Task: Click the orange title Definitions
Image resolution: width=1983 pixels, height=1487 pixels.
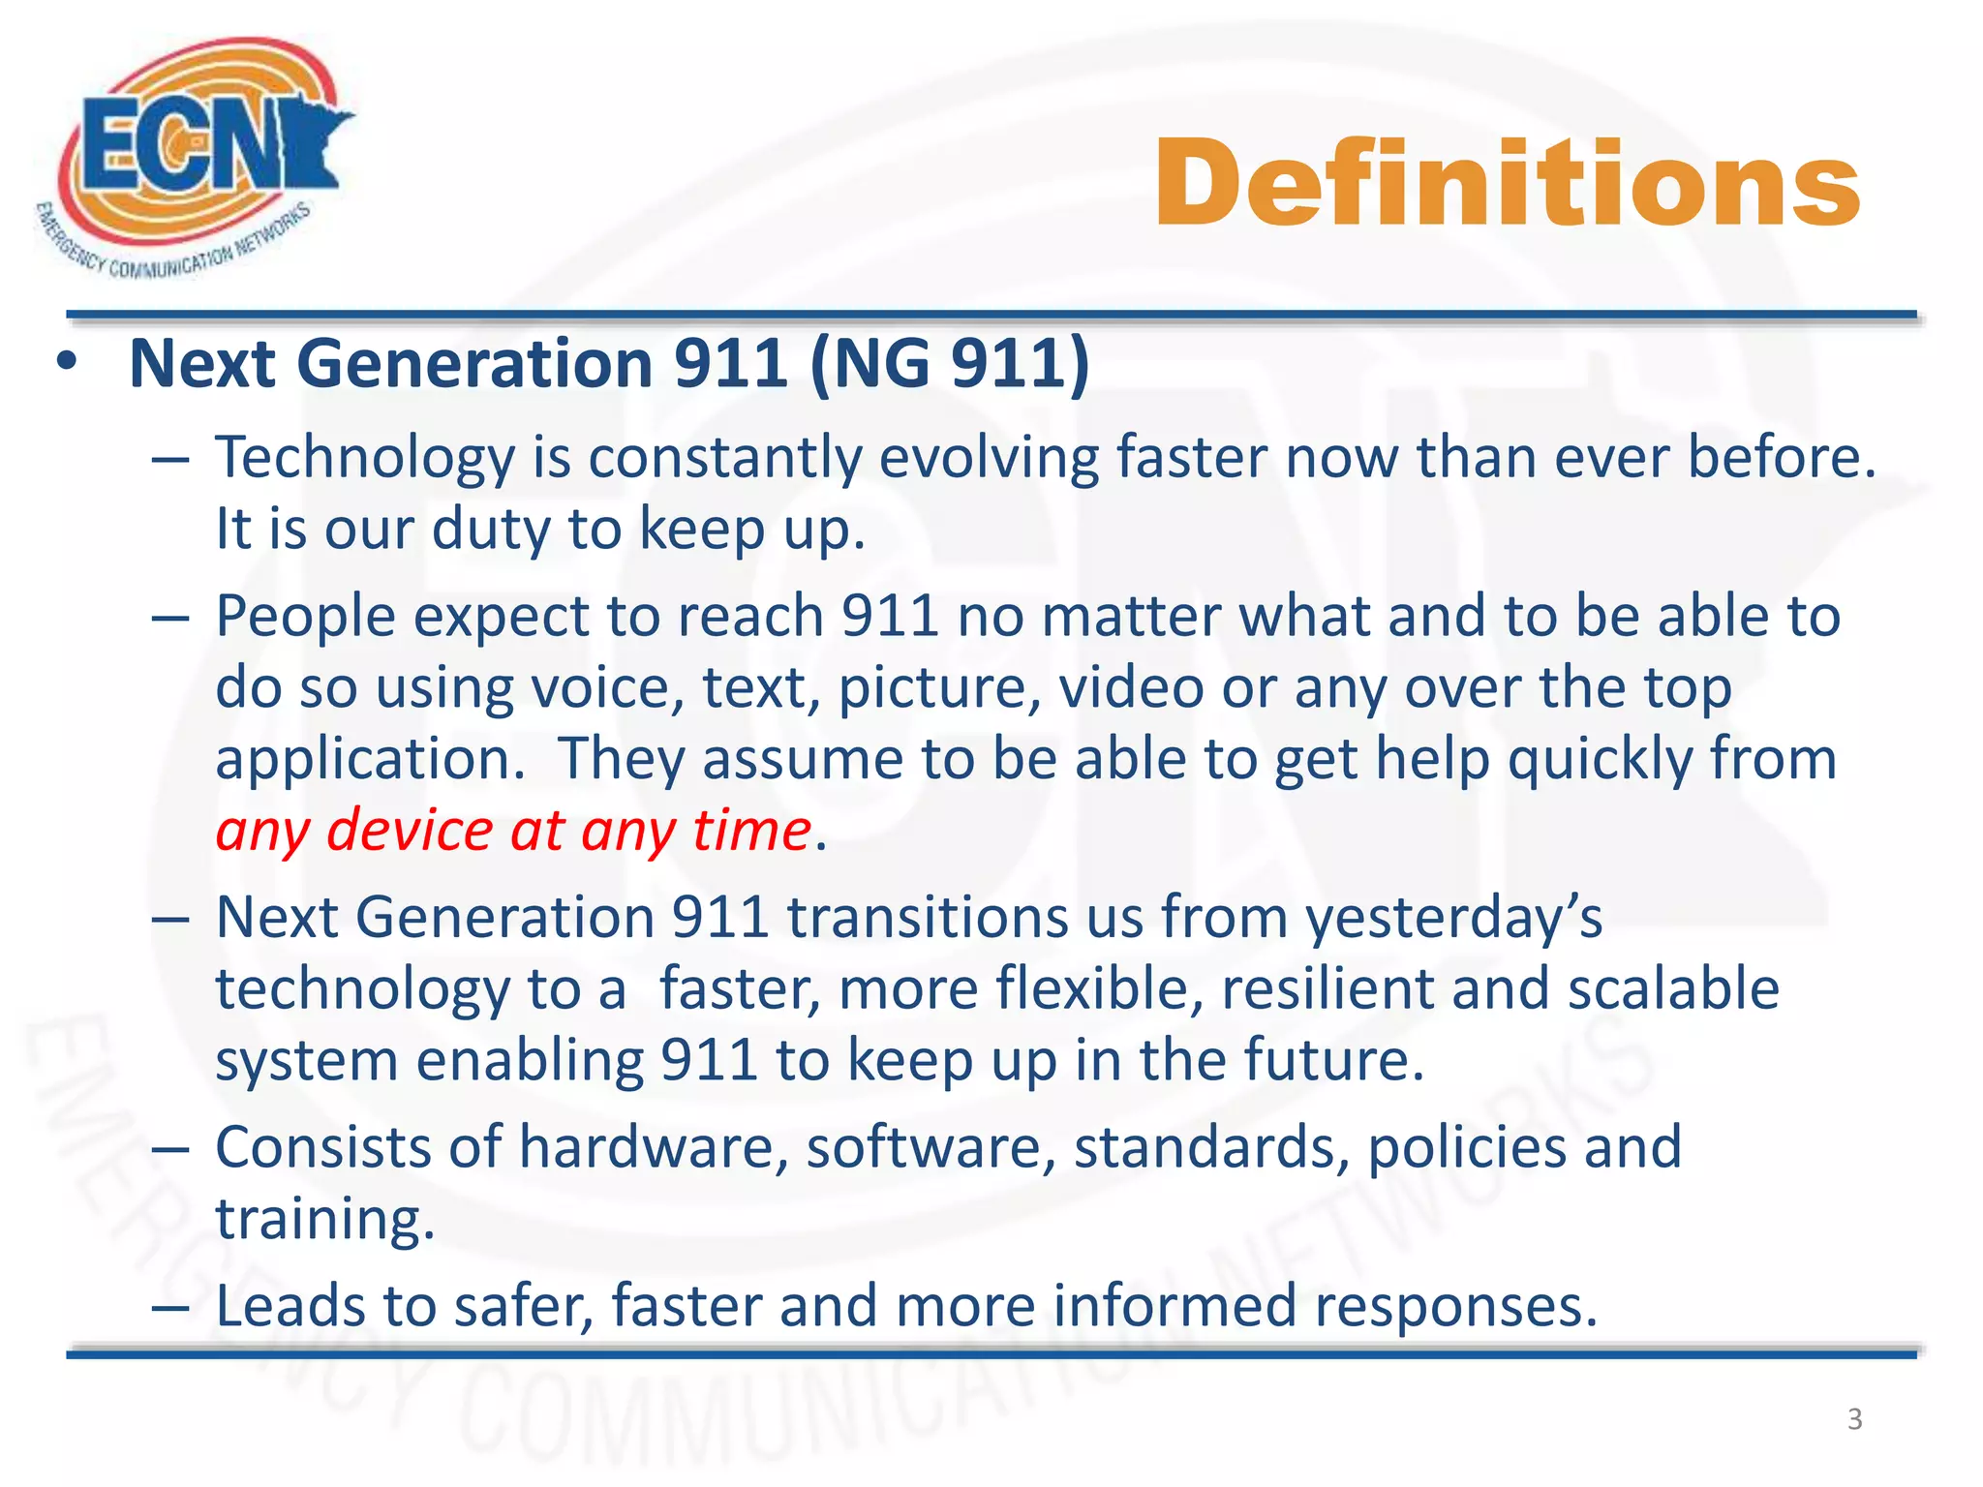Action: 1507,184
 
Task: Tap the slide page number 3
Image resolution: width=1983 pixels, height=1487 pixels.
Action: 1854,1419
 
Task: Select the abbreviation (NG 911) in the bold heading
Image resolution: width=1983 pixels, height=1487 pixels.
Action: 949,364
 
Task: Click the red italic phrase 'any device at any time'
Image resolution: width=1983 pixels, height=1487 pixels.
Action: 513,831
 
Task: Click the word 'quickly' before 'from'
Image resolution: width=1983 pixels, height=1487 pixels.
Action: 1599,759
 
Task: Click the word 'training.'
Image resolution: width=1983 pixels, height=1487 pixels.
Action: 325,1219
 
